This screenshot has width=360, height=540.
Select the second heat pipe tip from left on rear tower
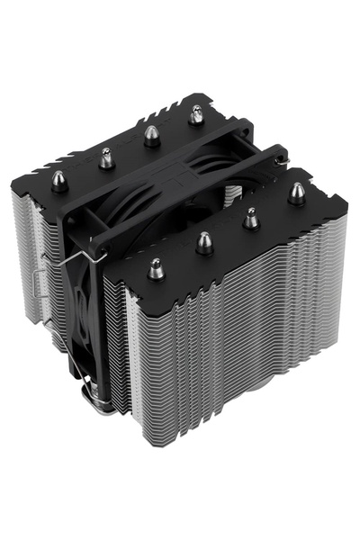point(107,157)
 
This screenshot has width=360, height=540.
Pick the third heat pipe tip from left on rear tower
point(150,135)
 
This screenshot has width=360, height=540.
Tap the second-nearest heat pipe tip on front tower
point(205,241)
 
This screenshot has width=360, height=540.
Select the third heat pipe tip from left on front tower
point(251,217)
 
